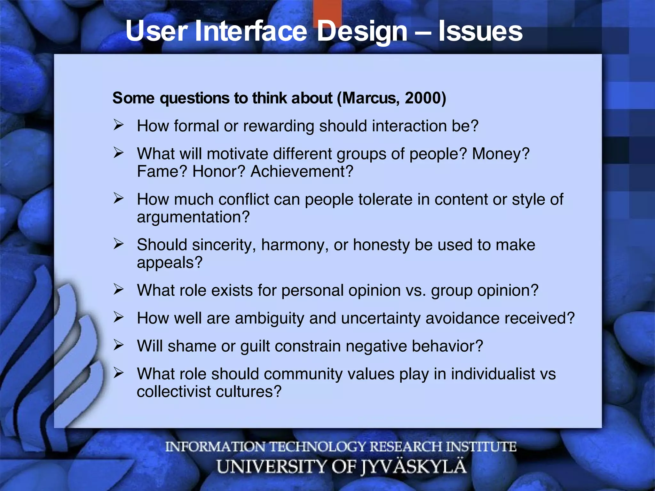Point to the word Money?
click(501, 154)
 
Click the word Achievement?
click(302, 172)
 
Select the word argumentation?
click(193, 217)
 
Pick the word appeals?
click(170, 263)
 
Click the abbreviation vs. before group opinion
click(416, 291)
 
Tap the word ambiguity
click(269, 319)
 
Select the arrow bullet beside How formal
click(118, 125)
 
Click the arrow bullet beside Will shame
click(118, 345)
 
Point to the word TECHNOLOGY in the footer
click(317, 447)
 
